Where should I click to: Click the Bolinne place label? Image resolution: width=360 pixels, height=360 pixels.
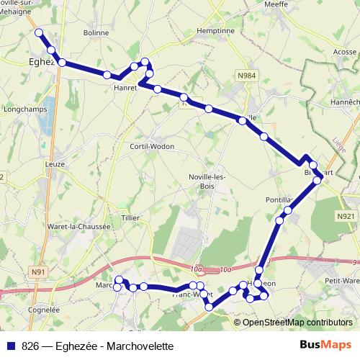(x=96, y=33)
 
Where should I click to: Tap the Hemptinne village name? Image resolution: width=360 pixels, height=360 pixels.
(x=216, y=32)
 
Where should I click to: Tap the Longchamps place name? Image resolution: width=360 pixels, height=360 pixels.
(x=24, y=111)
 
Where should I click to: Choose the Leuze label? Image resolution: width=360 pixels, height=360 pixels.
(x=55, y=164)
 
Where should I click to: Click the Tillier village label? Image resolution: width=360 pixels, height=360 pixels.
(x=130, y=217)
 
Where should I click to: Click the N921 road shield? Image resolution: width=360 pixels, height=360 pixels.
(x=345, y=216)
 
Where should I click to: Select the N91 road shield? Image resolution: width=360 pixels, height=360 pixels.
(x=39, y=271)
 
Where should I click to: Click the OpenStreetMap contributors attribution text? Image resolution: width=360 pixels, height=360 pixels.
(x=297, y=322)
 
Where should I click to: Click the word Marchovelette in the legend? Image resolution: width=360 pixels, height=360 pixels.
(x=140, y=346)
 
